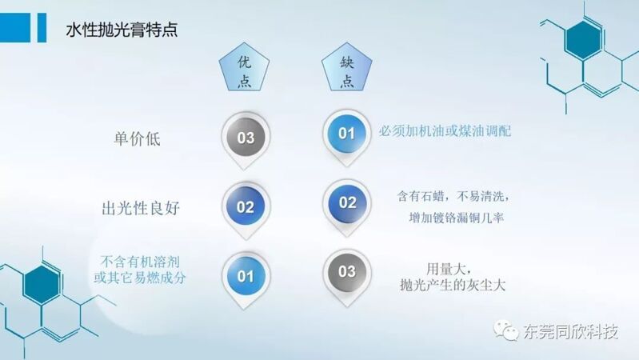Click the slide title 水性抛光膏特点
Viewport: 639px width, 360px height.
tap(122, 30)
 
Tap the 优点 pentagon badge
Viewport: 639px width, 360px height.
tap(244, 68)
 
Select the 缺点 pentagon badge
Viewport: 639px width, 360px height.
tap(347, 68)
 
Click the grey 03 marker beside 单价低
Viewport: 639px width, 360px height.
tap(246, 138)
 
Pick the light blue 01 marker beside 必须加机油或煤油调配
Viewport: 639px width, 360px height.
tap(346, 134)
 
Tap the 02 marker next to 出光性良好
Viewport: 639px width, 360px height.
tap(246, 207)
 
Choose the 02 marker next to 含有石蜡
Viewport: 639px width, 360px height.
tap(347, 203)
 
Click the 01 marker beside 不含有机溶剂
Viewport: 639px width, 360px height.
tap(246, 277)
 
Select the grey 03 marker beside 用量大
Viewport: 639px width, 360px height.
tap(347, 272)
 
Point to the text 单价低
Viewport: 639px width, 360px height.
tap(137, 139)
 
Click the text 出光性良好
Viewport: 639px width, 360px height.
tap(141, 208)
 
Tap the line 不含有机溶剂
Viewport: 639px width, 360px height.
tap(140, 262)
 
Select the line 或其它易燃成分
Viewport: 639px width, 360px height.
tap(140, 278)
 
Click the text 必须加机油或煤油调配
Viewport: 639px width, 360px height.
tap(445, 131)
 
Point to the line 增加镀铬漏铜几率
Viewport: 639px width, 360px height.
tap(457, 218)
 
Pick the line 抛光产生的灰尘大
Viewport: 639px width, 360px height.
tap(453, 285)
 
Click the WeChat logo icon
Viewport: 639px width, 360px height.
tap(505, 330)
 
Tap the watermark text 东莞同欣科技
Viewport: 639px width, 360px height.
tap(570, 332)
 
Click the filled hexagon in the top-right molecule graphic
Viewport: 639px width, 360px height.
tap(584, 40)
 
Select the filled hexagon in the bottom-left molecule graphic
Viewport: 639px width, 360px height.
tap(41, 284)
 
